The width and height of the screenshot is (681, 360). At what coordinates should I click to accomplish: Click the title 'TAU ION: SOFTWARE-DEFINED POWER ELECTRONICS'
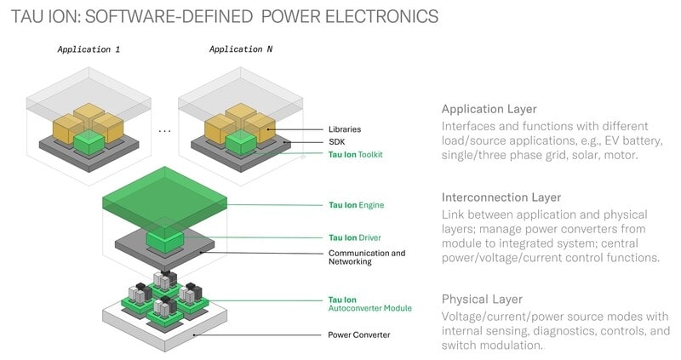pyautogui.click(x=225, y=16)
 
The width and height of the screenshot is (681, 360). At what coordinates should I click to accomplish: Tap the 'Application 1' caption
pyautogui.click(x=89, y=49)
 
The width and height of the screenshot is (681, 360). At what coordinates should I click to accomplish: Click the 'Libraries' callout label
pyautogui.click(x=346, y=129)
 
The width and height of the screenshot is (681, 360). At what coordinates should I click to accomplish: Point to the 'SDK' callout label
pyautogui.click(x=336, y=141)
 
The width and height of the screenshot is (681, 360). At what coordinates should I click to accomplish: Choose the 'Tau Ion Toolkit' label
pyautogui.click(x=356, y=154)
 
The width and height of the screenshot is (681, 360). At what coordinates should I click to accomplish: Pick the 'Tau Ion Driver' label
pyautogui.click(x=353, y=237)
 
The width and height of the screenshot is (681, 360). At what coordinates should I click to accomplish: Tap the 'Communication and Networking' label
pyautogui.click(x=367, y=257)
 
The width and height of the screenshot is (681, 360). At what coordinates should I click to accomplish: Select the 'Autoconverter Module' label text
pyautogui.click(x=370, y=308)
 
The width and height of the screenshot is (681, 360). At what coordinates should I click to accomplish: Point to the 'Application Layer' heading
pyautogui.click(x=489, y=109)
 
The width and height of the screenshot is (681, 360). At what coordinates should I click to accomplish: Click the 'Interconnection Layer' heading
pyautogui.click(x=501, y=197)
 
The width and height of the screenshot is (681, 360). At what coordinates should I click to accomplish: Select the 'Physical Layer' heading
pyautogui.click(x=482, y=299)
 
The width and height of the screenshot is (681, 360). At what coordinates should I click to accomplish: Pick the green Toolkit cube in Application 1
pyautogui.click(x=88, y=141)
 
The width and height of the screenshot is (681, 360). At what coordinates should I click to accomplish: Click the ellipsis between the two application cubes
pyautogui.click(x=164, y=130)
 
